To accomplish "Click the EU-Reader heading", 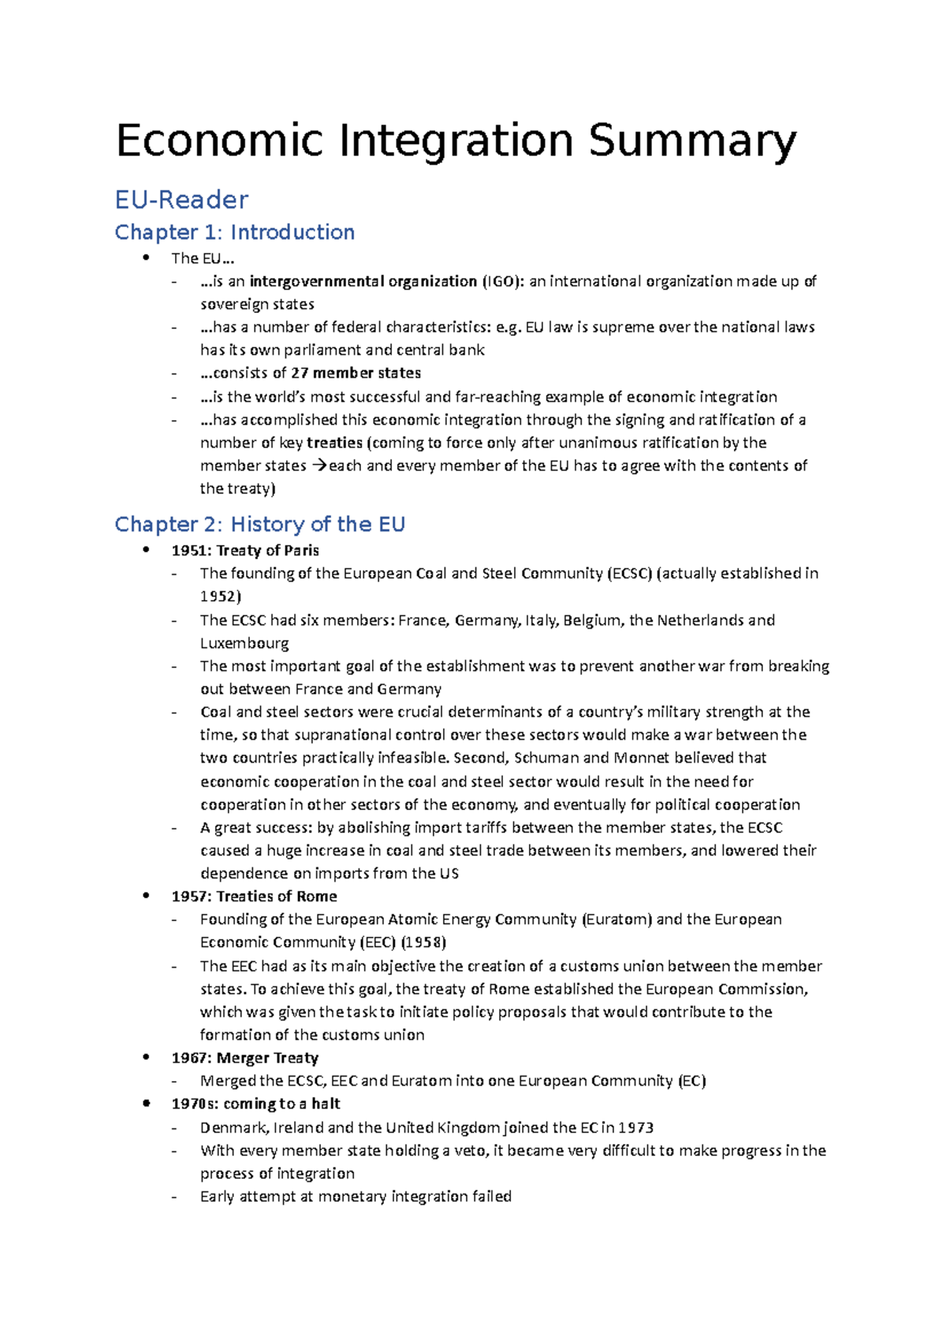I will [181, 200].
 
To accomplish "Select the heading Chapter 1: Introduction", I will [234, 232].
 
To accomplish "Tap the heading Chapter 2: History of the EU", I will [259, 524].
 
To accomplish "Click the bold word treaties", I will [334, 443].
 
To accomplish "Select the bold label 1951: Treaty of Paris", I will [245, 550].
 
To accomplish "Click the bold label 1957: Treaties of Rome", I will [254, 897].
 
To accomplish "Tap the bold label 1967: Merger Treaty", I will [244, 1058].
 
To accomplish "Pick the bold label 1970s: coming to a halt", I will [255, 1104].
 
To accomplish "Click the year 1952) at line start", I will [220, 597].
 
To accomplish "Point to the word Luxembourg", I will [244, 643].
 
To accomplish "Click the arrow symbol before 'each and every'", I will [318, 466].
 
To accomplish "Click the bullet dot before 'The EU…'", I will [146, 258].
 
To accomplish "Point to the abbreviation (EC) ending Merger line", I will [691, 1081].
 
